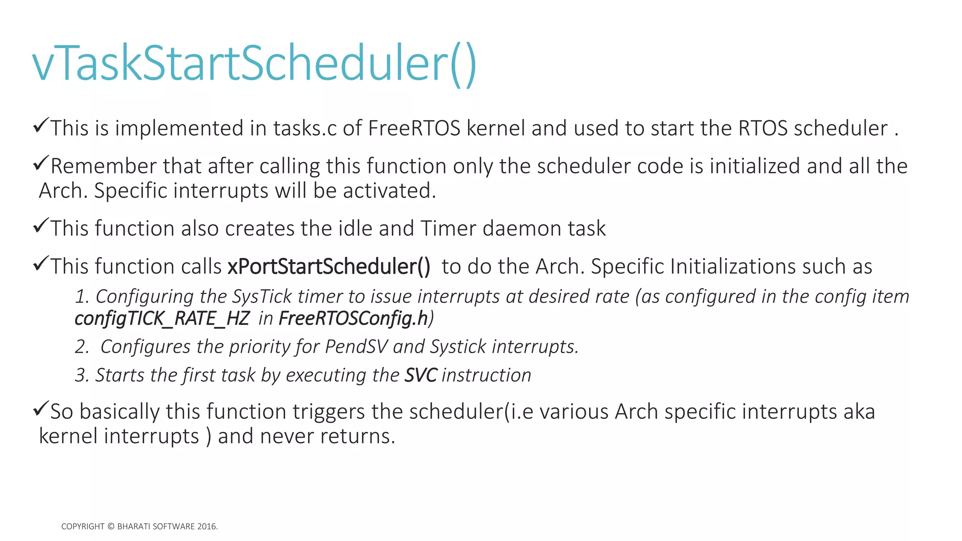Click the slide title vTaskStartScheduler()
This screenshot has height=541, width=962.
(x=254, y=63)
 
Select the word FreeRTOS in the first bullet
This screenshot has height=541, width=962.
(x=414, y=128)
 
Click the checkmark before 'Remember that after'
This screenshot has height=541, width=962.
(x=41, y=164)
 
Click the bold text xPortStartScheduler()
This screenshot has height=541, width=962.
(x=329, y=267)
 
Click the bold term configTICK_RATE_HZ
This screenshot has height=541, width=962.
(x=162, y=319)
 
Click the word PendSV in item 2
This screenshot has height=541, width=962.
(x=357, y=347)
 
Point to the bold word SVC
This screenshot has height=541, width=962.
(x=420, y=375)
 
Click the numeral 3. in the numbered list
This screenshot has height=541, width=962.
(x=82, y=375)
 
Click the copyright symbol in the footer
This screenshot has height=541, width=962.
(x=111, y=526)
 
